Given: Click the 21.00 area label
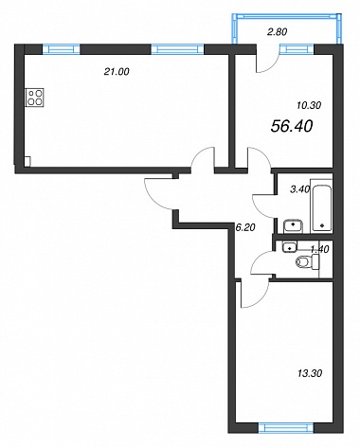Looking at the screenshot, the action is [x=117, y=72].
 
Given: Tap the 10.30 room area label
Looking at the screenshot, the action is [x=309, y=105].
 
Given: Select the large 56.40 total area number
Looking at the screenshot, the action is [x=292, y=126].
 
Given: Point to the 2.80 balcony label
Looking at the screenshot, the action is [x=277, y=32].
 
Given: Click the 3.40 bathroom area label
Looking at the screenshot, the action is [x=300, y=189].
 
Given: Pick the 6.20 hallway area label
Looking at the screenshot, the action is [x=245, y=227].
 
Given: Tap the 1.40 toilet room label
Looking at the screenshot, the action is [x=320, y=249].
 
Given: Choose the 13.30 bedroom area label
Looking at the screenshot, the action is [x=310, y=373].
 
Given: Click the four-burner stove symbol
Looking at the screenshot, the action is [x=34, y=98].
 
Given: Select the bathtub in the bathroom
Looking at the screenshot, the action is [x=321, y=206].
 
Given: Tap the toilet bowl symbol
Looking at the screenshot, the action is [x=308, y=262].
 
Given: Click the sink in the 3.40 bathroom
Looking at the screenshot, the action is [x=293, y=225].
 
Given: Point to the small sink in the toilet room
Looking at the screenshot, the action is [x=289, y=247].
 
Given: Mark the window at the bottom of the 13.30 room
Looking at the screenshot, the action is [x=285, y=428].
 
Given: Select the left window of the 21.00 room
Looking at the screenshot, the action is [x=61, y=49].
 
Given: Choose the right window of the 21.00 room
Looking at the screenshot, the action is [x=177, y=49].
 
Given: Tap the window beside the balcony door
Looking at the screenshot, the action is [x=297, y=49].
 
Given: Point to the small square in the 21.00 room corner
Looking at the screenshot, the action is [x=27, y=161].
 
